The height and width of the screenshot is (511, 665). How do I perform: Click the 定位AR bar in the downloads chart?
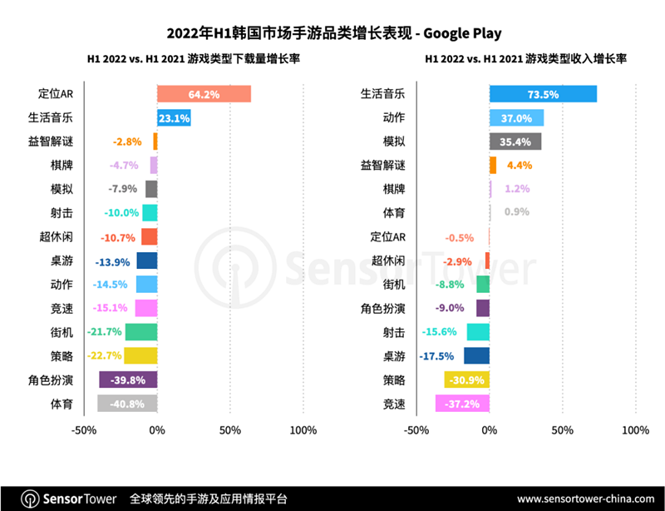point(204,94)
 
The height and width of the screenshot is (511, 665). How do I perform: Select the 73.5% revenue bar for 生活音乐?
point(543,94)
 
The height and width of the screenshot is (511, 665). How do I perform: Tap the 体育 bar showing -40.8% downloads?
point(127,404)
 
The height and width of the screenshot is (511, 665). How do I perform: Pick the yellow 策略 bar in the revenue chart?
point(467,380)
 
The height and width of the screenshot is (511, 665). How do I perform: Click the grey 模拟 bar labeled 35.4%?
point(515,141)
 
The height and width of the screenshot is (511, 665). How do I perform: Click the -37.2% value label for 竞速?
point(464,404)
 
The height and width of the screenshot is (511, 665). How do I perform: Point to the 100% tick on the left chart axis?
point(303,431)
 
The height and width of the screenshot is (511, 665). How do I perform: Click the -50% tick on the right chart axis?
point(416,431)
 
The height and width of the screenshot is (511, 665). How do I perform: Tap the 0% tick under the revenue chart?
point(490,431)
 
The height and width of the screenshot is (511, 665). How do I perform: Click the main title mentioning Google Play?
point(332,32)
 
